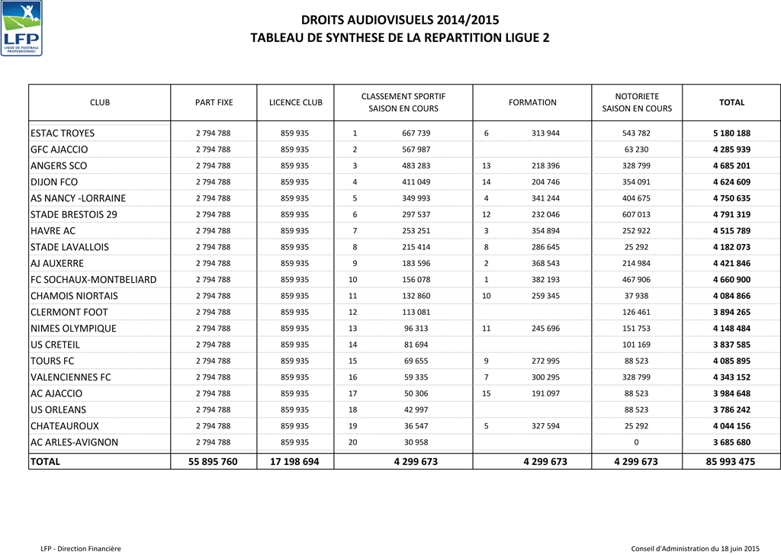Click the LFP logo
(22, 28)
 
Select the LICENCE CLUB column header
(296, 102)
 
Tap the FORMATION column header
(532, 102)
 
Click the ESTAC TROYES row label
(63, 133)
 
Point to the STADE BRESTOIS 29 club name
(74, 215)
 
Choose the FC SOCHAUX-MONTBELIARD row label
(93, 280)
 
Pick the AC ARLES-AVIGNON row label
(74, 443)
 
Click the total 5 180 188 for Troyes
(731, 133)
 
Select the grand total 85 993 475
(731, 462)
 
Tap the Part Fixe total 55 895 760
(213, 462)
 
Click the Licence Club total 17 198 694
(295, 462)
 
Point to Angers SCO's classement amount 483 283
(416, 166)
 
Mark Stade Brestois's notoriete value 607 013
(636, 215)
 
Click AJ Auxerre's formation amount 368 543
(545, 264)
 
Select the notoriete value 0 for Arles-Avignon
(636, 443)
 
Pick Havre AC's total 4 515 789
(731, 231)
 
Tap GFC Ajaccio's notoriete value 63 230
(636, 149)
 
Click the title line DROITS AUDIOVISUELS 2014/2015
(400, 20)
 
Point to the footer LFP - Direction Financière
(81, 548)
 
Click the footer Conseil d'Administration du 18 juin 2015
(696, 548)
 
